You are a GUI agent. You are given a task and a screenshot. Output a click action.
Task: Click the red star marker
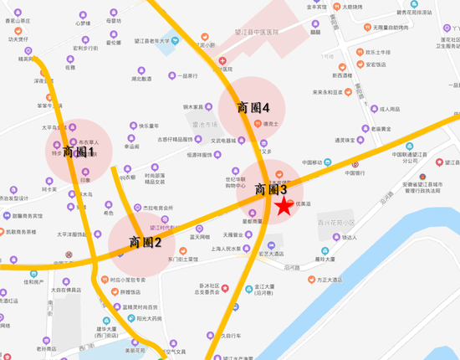click(284, 205)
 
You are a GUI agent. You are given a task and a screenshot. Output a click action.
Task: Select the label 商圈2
click(145, 242)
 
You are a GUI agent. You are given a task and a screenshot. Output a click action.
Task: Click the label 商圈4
click(253, 108)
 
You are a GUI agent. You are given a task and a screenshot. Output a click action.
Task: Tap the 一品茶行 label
click(187, 75)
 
